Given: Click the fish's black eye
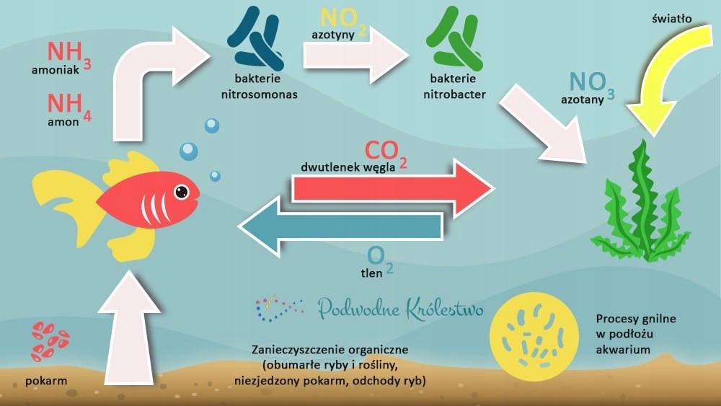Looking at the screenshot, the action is tap(182, 192).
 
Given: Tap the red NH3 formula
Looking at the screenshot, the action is tap(67, 53).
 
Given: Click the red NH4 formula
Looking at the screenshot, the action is tap(67, 105).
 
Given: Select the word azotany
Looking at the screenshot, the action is tap(582, 100).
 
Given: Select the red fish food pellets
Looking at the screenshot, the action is tap(50, 340).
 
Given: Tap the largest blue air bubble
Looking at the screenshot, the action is tap(189, 151).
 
